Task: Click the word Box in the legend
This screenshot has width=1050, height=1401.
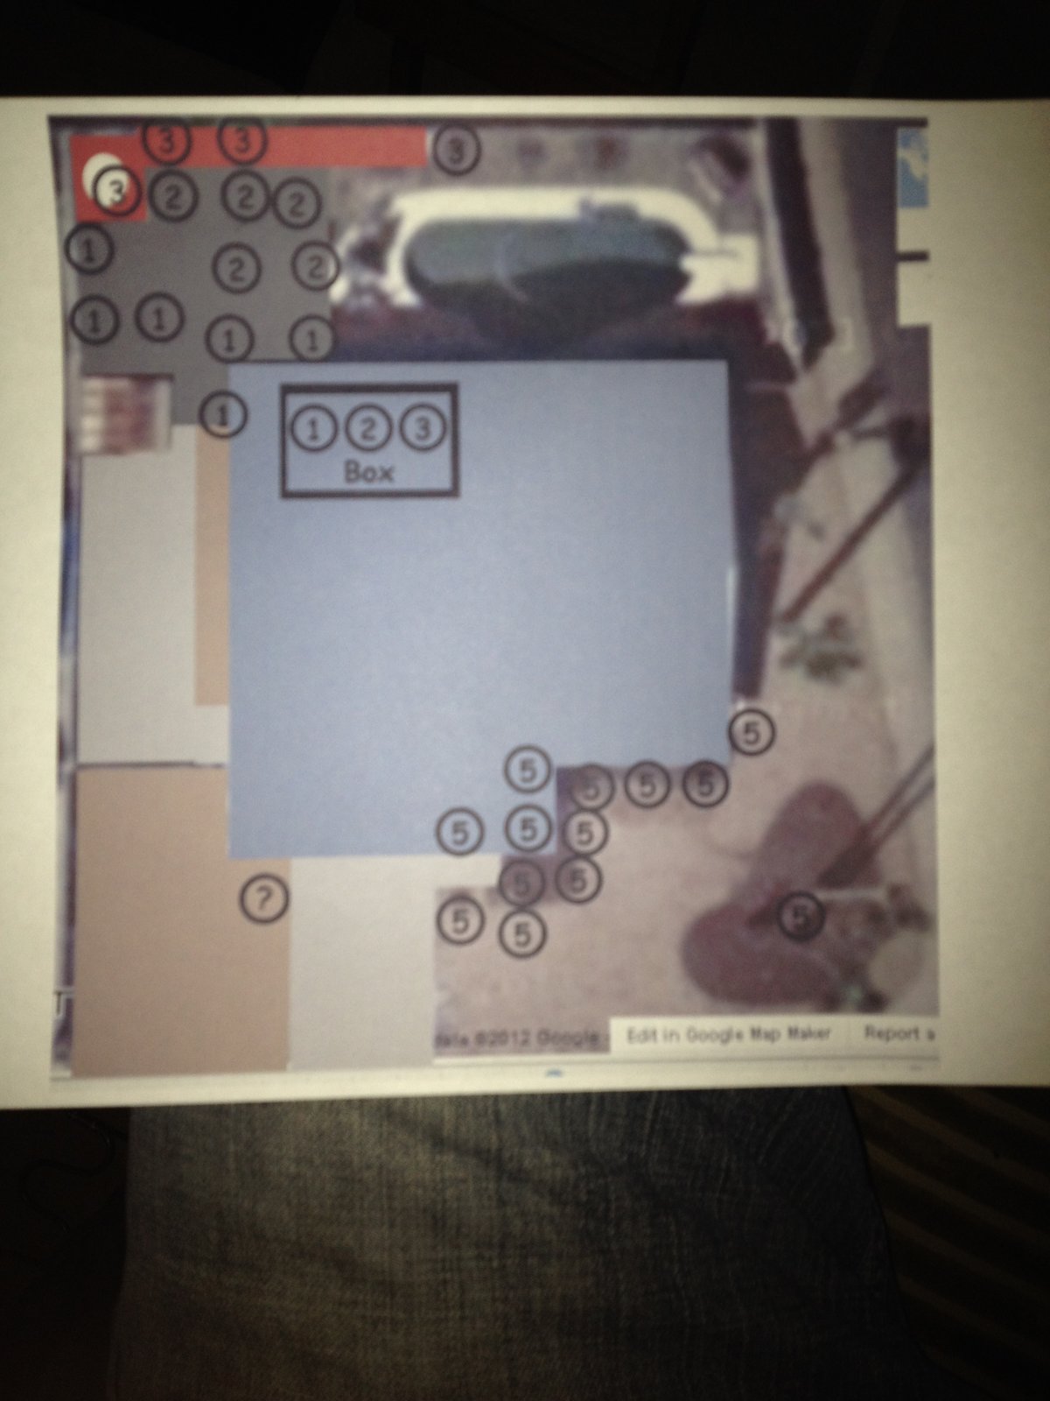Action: pos(369,472)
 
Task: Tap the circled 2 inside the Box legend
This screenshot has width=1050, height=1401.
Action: pos(368,429)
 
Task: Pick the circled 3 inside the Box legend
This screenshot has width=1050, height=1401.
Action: pos(423,429)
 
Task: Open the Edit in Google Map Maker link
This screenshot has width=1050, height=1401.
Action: pos(728,1034)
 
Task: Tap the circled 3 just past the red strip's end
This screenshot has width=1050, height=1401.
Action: pos(456,151)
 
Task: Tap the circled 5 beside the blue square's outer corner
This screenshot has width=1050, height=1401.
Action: pos(752,733)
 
